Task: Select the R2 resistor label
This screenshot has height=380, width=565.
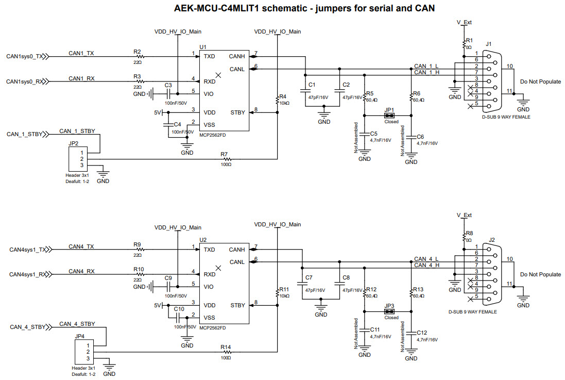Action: pos(137,52)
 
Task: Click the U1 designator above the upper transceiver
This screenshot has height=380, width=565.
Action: pos(202,47)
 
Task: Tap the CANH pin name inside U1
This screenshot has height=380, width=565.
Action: pos(237,56)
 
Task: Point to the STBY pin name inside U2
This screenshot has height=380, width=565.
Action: pos(237,305)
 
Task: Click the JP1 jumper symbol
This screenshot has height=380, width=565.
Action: pos(390,116)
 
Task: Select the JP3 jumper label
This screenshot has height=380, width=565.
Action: pos(389,306)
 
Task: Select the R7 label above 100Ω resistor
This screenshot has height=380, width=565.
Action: pos(224,154)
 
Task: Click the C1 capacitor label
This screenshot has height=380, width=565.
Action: pos(311,85)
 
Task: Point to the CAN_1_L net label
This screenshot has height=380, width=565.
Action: pos(426,66)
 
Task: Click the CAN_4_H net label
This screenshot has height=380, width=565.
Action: pos(426,265)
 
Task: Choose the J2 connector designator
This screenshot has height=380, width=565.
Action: pos(492,240)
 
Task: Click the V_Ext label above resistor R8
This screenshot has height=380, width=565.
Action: pos(464,215)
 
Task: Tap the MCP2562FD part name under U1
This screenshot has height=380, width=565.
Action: pos(212,135)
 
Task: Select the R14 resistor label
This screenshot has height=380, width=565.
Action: pos(225,347)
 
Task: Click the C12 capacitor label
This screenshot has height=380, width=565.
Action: pos(422,333)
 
